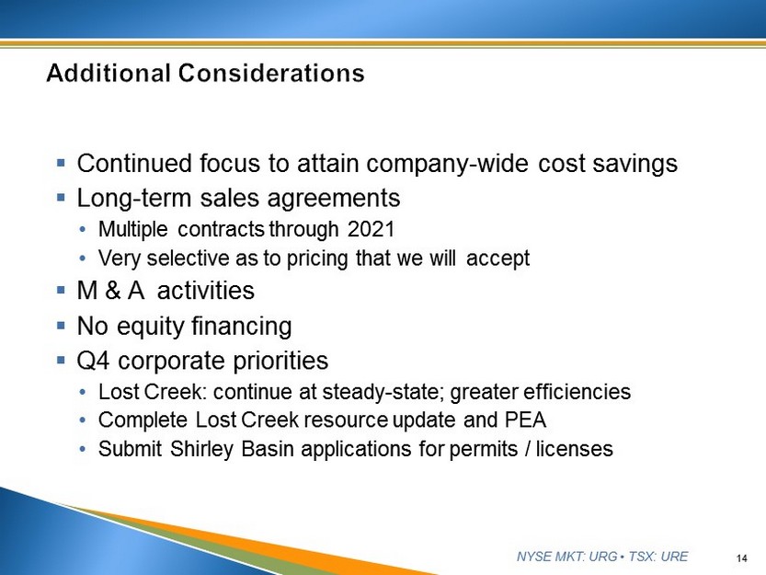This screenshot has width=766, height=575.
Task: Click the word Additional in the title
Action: tap(109, 73)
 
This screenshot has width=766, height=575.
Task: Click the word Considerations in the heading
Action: tap(271, 73)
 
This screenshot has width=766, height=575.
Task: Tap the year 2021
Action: tap(371, 229)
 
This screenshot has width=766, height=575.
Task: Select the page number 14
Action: tap(741, 558)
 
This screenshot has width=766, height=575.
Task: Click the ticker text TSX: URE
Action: tap(658, 557)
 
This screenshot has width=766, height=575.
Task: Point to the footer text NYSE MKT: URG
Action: tap(566, 557)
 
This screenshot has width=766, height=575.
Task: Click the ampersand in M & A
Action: tap(112, 291)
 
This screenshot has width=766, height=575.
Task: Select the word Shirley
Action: tap(201, 449)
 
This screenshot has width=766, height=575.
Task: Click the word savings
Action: tap(635, 164)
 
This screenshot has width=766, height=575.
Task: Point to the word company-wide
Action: tap(448, 164)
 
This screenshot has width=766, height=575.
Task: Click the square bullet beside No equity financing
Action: tap(61, 325)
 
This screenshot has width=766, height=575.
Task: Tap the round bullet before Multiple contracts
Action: tap(83, 229)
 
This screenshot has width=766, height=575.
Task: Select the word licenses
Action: tap(575, 449)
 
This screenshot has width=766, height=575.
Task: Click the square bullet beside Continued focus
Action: tap(61, 162)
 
